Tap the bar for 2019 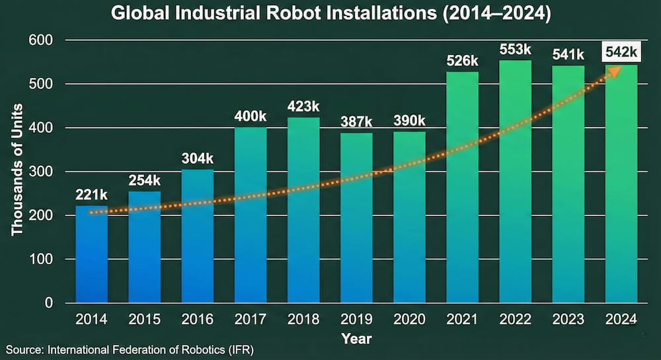point(356,218)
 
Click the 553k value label point(515,50)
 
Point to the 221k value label point(92,196)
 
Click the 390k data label point(409,122)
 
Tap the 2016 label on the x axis point(198,320)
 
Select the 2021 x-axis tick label point(462,320)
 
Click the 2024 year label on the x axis point(621,320)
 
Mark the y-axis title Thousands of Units point(18,170)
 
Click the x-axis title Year point(356,338)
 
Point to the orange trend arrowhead point(613,71)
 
